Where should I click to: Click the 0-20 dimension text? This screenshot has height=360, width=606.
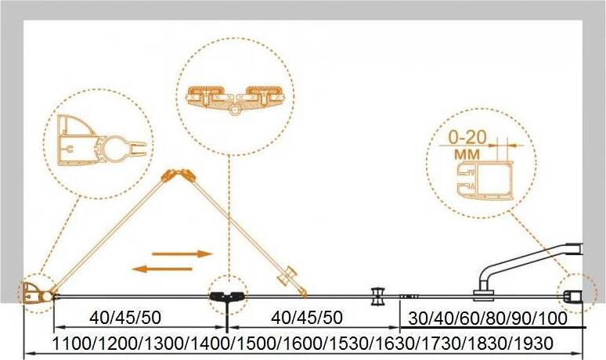tap(467, 137)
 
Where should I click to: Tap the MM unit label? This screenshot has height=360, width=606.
tap(467, 154)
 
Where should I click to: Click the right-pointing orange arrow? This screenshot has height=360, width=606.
tap(182, 254)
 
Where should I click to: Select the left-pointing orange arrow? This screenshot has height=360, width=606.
tap(162, 269)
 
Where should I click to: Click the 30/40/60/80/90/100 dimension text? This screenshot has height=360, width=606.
tap(488, 319)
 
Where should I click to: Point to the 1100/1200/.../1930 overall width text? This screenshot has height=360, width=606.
tap(302, 343)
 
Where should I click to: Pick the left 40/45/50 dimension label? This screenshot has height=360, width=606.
tap(124, 318)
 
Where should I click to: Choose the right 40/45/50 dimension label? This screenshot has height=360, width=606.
tap(307, 318)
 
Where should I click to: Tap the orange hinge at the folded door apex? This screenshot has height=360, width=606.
tap(179, 175)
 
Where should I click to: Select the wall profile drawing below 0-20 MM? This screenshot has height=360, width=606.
tap(485, 180)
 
